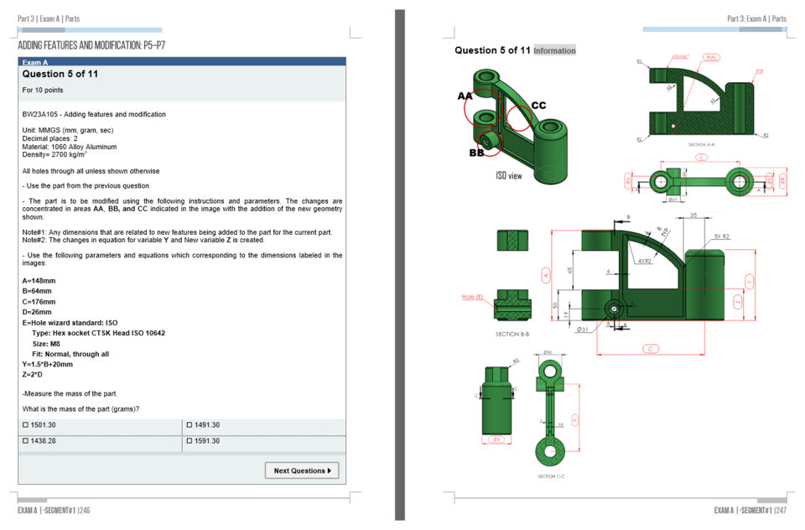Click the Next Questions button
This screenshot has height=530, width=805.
(302, 470)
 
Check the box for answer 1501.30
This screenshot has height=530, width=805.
(25, 425)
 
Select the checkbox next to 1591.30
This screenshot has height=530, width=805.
(190, 441)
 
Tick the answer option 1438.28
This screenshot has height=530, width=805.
(25, 441)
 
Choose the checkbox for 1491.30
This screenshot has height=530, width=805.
(190, 425)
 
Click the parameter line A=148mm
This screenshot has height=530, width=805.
(39, 281)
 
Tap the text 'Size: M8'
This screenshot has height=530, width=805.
(46, 344)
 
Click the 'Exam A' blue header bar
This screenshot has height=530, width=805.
(181, 62)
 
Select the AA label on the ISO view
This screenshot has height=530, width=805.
(465, 96)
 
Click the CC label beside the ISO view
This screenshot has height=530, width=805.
(538, 106)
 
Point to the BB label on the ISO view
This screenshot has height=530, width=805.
(475, 153)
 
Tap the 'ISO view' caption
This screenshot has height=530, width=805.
(509, 176)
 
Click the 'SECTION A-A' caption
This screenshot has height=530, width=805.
(701, 144)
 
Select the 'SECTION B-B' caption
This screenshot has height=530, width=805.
(512, 334)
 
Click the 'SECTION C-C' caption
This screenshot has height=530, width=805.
(551, 475)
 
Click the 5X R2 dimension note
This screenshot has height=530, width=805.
(722, 236)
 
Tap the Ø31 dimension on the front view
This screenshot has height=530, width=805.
(583, 330)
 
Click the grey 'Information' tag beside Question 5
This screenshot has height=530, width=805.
(554, 50)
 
